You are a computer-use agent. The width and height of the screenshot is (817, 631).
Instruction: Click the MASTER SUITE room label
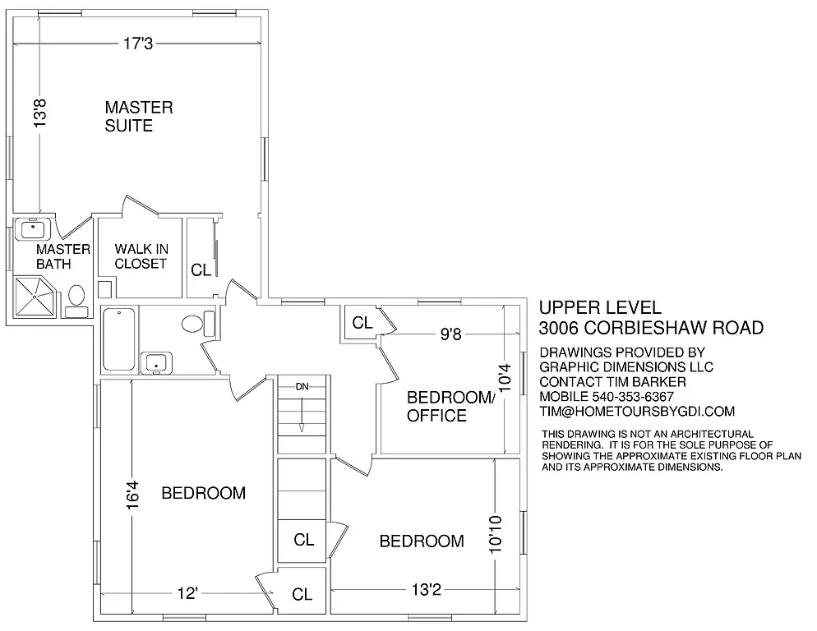pyautogui.click(x=138, y=116)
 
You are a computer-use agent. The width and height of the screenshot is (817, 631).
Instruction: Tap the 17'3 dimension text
pyautogui.click(x=138, y=44)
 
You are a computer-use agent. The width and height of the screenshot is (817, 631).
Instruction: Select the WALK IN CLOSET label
pyautogui.click(x=141, y=256)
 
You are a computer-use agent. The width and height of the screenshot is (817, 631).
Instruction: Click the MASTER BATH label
pyautogui.click(x=62, y=256)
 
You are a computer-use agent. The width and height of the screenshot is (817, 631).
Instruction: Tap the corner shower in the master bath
pyautogui.click(x=35, y=296)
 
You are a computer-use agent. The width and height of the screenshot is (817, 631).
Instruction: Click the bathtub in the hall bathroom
pyautogui.click(x=118, y=339)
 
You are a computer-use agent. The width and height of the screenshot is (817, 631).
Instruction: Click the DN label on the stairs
pyautogui.click(x=302, y=385)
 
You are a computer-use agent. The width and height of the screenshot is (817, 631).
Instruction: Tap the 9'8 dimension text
pyautogui.click(x=450, y=334)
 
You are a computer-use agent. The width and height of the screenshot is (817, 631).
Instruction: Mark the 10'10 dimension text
pyautogui.click(x=494, y=534)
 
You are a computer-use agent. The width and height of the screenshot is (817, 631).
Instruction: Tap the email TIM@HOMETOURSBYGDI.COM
pyautogui.click(x=637, y=412)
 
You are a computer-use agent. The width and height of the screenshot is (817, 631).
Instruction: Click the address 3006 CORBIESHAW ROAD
pyautogui.click(x=651, y=328)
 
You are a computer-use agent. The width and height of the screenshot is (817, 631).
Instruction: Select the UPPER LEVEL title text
pyautogui.click(x=600, y=307)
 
